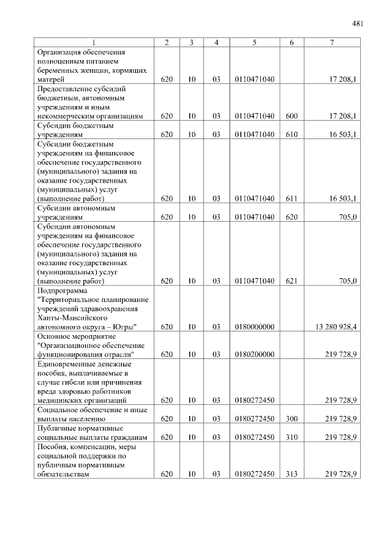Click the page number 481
click(358, 24)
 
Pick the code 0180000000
click(254, 327)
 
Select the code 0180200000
click(254, 355)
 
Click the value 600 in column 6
click(291, 116)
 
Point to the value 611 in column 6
click(291, 198)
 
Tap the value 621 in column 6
click(291, 281)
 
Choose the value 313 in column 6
click(291, 474)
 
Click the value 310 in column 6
click(291, 437)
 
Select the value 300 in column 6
click(291, 419)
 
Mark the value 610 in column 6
click(291, 134)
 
